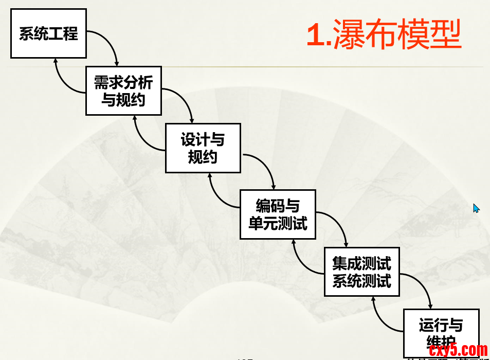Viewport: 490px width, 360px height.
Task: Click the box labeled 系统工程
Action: [48, 33]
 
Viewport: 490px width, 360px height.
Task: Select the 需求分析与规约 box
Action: [123, 91]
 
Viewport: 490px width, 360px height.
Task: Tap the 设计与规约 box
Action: [203, 148]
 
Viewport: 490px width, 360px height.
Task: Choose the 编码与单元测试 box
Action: [278, 214]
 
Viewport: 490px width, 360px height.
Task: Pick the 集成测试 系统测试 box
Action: [361, 272]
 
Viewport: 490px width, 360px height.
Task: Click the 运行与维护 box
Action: [441, 332]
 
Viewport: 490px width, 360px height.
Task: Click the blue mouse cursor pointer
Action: [476, 208]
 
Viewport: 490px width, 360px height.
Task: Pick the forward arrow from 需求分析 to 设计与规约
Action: [185, 100]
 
